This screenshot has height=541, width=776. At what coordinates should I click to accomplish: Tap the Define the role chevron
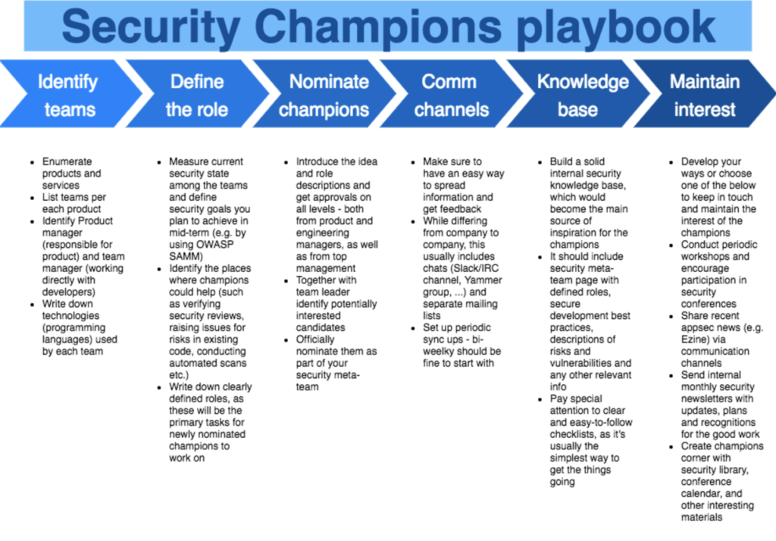[x=198, y=94]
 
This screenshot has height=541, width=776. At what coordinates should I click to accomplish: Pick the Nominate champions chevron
[x=324, y=94]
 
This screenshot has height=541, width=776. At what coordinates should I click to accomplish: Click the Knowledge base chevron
[x=578, y=94]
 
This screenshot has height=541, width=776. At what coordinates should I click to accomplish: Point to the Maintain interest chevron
[x=705, y=94]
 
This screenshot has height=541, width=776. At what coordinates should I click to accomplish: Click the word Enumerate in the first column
[x=67, y=161]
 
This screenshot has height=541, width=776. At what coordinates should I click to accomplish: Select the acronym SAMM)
[x=186, y=256]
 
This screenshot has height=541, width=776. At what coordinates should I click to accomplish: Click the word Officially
[x=315, y=339]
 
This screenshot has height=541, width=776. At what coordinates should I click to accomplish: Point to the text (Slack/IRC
[x=474, y=268]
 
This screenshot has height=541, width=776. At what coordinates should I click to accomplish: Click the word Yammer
[x=484, y=280]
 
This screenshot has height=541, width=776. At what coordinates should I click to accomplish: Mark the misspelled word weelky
[x=439, y=352]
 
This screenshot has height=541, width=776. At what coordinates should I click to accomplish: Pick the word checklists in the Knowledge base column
[x=573, y=435]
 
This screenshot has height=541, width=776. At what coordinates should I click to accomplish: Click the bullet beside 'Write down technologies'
[x=33, y=305]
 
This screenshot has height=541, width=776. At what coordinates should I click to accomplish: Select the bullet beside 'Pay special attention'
[x=540, y=400]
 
